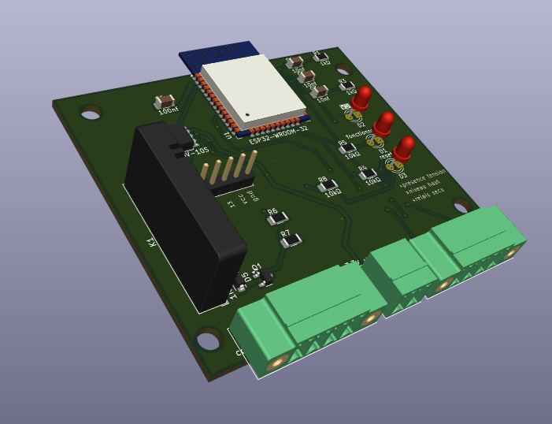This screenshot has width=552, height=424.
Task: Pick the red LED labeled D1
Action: click(383, 124)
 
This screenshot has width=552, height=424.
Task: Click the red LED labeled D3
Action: click(404, 148)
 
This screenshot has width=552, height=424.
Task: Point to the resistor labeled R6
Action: click(277, 219)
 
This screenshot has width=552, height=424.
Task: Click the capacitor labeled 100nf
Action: click(165, 102)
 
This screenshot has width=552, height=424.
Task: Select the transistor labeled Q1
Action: click(265, 277)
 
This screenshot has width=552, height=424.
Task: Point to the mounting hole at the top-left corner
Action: click(91, 113)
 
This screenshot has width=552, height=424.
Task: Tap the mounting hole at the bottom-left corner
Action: click(208, 340)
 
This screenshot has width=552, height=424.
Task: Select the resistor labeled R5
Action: click(347, 148)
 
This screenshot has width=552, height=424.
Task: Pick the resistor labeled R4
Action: click(368, 174)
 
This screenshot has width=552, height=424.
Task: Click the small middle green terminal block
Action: click(403, 264)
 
